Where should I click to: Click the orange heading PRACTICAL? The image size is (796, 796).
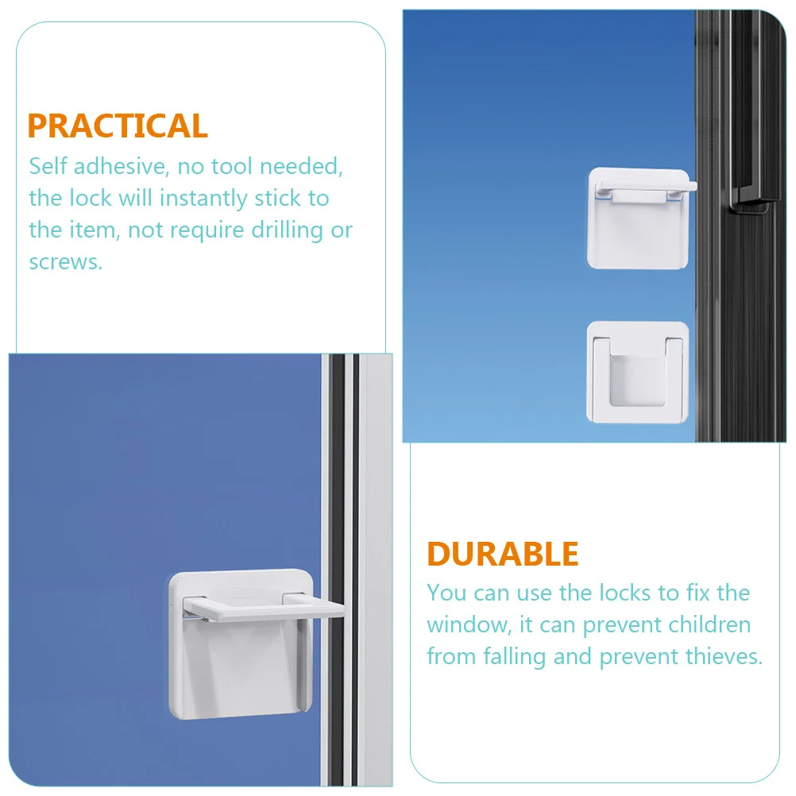(118, 126)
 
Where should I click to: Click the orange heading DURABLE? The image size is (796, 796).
(503, 554)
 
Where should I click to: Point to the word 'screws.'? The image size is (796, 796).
(66, 261)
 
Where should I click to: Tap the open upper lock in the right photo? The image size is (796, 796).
(637, 217)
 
